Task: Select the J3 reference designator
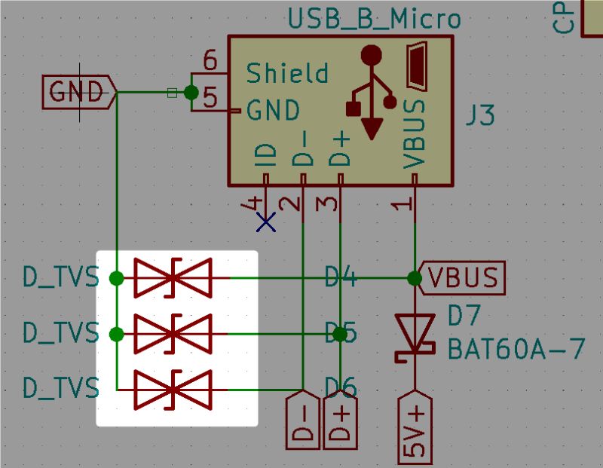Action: click(x=479, y=116)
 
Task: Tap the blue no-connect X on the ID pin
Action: click(x=265, y=221)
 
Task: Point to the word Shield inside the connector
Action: click(x=287, y=73)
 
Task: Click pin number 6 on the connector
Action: click(x=210, y=61)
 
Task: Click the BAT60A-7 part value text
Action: click(x=516, y=350)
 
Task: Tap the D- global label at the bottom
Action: click(x=303, y=421)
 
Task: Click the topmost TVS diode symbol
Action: click(x=173, y=278)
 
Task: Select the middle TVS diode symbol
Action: click(x=173, y=334)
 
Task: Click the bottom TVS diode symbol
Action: click(x=173, y=390)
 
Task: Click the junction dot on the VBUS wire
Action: click(x=415, y=278)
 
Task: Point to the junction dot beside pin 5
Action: click(x=191, y=92)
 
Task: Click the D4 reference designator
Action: click(x=340, y=278)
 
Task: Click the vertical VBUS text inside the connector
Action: click(x=415, y=133)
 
